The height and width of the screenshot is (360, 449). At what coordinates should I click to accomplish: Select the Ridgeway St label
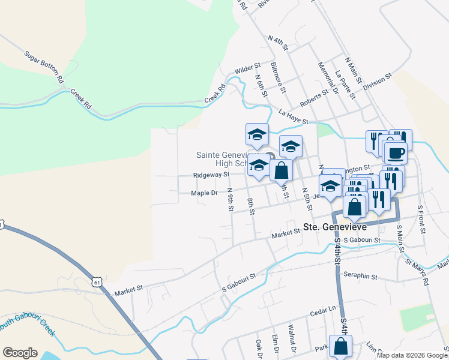[211, 175]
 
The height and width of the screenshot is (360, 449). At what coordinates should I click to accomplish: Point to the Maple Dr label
[204, 193]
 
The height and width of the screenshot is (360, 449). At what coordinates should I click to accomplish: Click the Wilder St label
[247, 70]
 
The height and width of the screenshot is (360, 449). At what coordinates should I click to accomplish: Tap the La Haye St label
[294, 116]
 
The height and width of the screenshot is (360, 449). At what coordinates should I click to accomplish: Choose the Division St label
[378, 81]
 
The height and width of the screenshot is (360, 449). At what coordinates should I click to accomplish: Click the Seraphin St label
[360, 277]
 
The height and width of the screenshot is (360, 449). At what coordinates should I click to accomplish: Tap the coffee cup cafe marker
[396, 153]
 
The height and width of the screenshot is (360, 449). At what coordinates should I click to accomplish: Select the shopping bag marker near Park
[341, 346]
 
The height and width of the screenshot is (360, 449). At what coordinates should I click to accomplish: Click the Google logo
[20, 353]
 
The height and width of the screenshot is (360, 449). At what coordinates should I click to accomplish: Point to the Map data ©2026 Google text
[412, 355]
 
